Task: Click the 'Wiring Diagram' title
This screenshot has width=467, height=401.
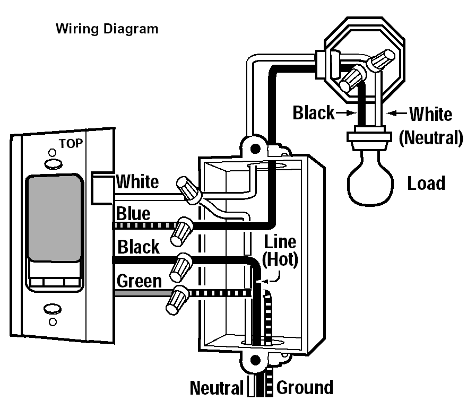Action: point(107,29)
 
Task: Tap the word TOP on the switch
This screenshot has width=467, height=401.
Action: point(70,143)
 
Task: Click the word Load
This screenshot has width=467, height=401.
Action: point(426,184)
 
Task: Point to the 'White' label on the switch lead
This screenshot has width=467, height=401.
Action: point(137,181)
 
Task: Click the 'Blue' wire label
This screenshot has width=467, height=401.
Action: point(133,214)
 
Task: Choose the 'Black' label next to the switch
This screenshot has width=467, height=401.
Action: point(138,247)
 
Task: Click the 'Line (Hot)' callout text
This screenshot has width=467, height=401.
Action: point(280,251)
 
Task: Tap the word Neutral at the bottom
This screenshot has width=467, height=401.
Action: point(217,388)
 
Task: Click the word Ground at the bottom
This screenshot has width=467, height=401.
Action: point(305,388)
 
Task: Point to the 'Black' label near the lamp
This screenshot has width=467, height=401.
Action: point(314,112)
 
